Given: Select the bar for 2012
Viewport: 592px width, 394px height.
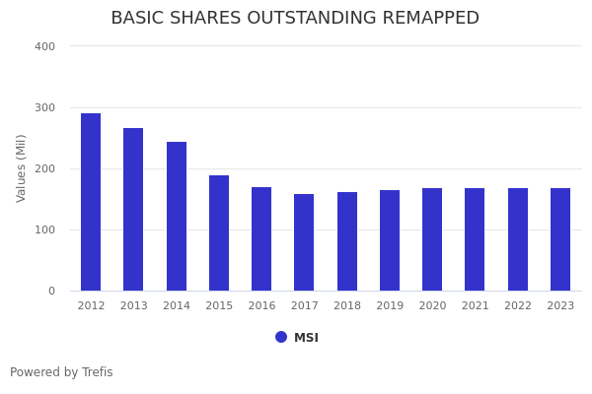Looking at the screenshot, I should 91,202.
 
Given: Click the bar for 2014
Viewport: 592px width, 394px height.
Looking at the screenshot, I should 177,216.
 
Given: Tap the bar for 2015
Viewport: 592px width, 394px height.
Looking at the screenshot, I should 219,232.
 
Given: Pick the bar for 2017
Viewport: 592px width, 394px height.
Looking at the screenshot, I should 304,242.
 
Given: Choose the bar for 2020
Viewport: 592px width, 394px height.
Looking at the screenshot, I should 432,239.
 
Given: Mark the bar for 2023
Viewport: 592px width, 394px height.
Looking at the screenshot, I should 560,239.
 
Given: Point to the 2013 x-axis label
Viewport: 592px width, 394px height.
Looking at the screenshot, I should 133,306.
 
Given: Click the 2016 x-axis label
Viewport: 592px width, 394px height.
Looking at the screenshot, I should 261,306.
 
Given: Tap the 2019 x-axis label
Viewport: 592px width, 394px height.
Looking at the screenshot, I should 390,306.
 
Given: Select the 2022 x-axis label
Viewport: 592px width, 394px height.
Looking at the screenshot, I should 518,306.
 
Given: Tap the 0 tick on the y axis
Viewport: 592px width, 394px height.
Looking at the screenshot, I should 50,291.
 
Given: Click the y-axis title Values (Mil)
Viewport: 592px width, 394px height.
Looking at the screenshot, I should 22,168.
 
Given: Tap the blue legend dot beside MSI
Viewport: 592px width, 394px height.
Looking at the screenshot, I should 281,337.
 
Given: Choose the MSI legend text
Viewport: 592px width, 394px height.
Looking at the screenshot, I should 306,338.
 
